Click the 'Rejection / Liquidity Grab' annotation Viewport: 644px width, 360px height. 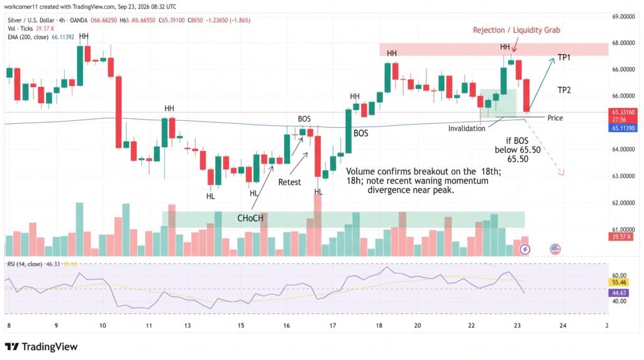516,30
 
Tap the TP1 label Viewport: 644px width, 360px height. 564,57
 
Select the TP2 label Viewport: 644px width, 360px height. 564,90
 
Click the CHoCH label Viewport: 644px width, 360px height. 250,218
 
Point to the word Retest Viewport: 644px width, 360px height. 289,182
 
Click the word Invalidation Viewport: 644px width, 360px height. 467,128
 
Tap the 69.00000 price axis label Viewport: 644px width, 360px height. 623,17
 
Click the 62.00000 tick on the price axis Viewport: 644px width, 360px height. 623,203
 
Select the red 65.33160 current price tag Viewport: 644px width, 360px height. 623,112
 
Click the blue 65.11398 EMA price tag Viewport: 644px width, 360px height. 623,128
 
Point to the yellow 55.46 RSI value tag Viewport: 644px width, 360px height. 619,283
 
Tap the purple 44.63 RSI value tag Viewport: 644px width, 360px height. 619,293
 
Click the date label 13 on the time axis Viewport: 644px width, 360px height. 187,325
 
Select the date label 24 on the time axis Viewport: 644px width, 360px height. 563,325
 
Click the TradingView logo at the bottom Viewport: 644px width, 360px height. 41,347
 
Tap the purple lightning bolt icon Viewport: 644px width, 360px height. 525,249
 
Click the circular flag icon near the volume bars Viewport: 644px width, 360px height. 555,249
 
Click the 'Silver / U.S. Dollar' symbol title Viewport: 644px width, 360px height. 31,20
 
